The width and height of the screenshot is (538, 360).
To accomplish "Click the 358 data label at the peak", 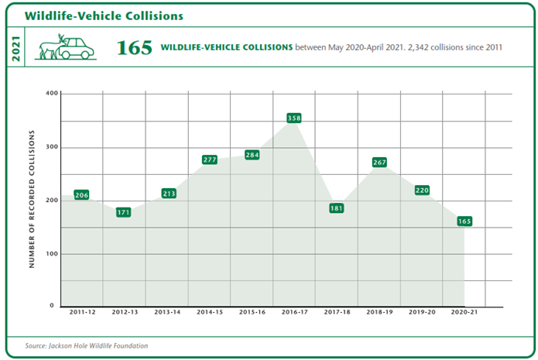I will pos(293,118).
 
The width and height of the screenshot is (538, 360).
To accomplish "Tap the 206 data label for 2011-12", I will pos(82,195).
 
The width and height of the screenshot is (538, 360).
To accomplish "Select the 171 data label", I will pos(124,212).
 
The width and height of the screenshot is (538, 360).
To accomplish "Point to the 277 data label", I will pos(209,159).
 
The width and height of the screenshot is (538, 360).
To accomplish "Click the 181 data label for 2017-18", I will pos(336,208).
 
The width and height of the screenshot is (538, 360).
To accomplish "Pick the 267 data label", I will pos(379,163).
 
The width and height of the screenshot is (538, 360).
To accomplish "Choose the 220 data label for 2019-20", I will pos(421,190).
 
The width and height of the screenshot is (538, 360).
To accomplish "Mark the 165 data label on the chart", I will pos(464,221).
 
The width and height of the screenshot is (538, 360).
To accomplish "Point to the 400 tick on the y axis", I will pos(53,94).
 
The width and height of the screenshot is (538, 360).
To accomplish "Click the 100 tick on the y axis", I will pos(53,253).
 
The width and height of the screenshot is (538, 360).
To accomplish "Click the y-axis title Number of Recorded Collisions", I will pos(33,200).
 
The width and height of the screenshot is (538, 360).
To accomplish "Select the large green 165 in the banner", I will pos(134,48).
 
